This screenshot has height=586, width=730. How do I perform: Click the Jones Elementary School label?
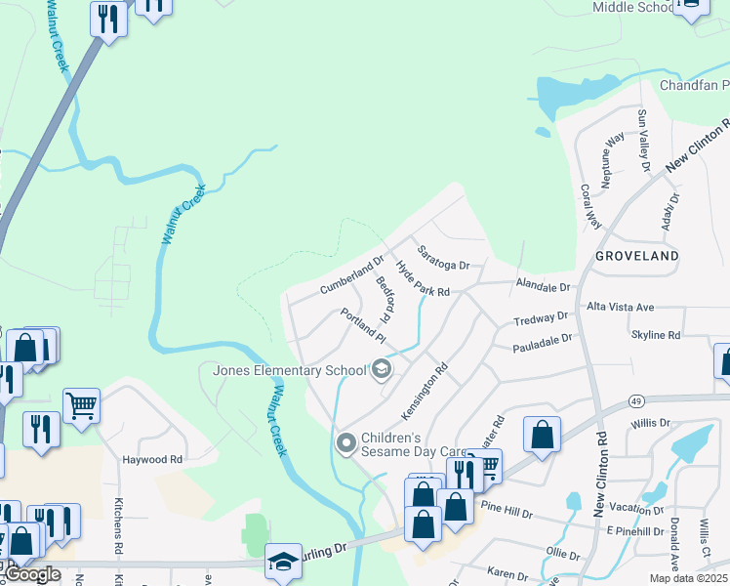[x=283, y=370]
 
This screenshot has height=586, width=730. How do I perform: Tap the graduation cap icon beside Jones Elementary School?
[x=382, y=369]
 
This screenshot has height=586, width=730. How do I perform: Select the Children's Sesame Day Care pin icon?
[x=345, y=443]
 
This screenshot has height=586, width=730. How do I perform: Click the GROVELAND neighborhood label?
[x=635, y=256]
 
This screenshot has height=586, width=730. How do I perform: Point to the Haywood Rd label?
[x=152, y=459]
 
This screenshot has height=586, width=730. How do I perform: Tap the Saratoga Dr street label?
[x=444, y=259]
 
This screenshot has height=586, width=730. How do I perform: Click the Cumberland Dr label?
[x=351, y=277]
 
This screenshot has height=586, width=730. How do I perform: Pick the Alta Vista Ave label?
[x=620, y=307]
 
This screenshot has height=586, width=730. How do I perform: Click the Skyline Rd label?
[x=655, y=335]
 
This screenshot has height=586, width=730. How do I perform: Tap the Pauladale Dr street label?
[x=541, y=344]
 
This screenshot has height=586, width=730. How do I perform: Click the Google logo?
[x=32, y=574]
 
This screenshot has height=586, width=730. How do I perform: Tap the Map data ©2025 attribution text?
[x=687, y=577]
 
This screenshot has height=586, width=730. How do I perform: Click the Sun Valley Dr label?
[x=643, y=141]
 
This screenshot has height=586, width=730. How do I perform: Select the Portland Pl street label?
[x=364, y=325]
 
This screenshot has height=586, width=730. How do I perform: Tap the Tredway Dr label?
[x=541, y=318]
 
